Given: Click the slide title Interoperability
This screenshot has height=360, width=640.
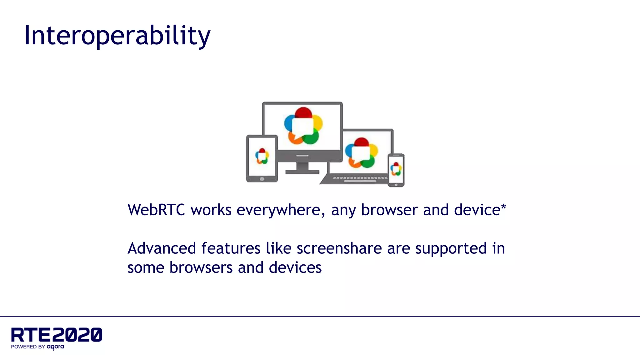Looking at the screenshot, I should [x=117, y=35].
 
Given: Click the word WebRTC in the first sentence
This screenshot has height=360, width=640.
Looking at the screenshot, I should [x=156, y=210].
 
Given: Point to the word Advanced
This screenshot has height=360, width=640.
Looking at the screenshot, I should [x=162, y=248].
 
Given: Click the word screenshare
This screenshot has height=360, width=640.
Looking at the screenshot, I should [x=339, y=248].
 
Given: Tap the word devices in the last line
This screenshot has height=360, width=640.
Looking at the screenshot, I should [x=295, y=268].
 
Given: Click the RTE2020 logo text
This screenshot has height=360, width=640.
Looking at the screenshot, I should [x=57, y=335].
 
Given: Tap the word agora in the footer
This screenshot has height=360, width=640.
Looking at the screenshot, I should [x=55, y=347].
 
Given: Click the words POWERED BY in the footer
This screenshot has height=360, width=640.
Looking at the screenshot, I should [x=28, y=347].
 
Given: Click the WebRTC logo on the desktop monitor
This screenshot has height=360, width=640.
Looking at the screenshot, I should [x=302, y=126].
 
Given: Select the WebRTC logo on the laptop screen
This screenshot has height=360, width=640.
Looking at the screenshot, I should [x=361, y=152].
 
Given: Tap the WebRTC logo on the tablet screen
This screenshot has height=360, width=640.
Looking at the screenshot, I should [x=262, y=156].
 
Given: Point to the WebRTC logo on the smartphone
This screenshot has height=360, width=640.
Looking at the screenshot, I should [x=396, y=169].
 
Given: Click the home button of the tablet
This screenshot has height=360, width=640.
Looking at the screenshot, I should [x=262, y=179].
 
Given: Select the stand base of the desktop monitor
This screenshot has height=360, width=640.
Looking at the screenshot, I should [x=302, y=172].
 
